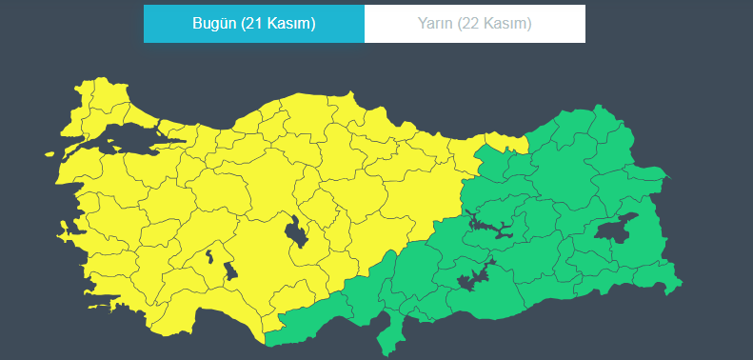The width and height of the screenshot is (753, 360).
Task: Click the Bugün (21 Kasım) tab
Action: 253,24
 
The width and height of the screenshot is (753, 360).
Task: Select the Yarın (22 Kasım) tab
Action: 474,24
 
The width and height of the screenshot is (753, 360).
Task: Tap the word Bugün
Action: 213,24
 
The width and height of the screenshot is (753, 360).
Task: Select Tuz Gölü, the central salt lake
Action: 297,231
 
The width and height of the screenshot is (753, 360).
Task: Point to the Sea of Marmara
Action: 133,143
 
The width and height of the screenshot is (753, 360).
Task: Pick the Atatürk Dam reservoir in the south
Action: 473,279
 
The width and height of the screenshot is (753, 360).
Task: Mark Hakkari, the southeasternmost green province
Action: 657,276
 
